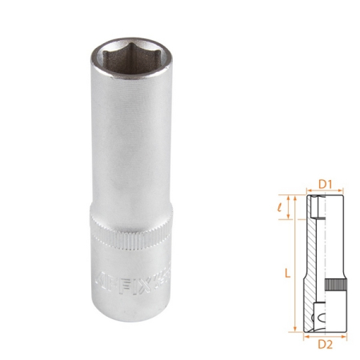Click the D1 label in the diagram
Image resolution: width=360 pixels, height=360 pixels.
(325, 185)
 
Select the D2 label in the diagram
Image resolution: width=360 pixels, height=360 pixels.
(325, 345)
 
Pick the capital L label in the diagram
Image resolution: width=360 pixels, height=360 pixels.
(286, 273)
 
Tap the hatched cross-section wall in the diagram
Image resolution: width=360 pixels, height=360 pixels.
(314, 256)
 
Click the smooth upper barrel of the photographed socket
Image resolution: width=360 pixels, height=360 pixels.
(128, 136)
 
